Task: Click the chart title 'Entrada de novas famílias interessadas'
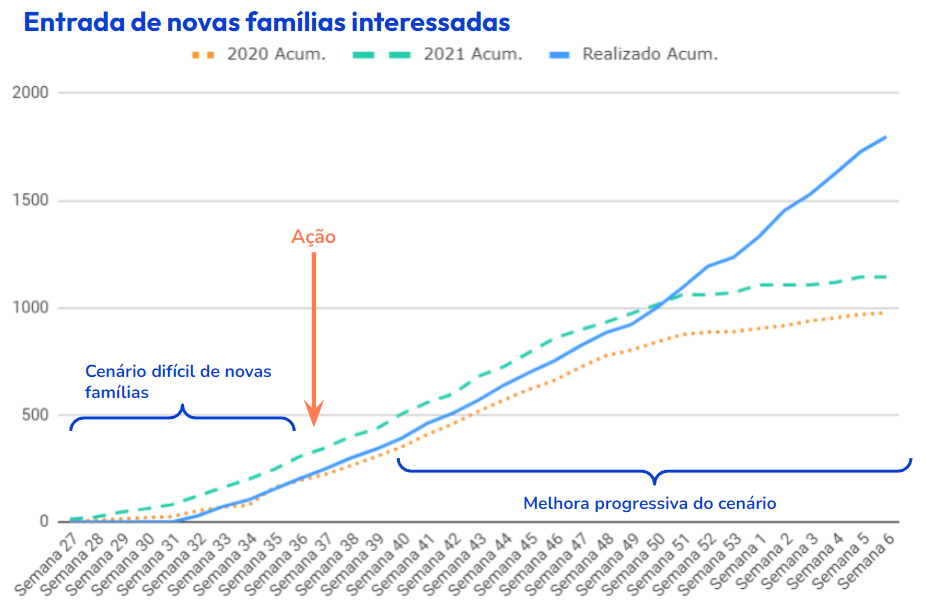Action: click(266, 22)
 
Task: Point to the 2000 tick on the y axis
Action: click(31, 93)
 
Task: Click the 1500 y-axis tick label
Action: click(31, 200)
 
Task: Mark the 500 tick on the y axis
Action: click(35, 415)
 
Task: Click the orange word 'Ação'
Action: click(313, 237)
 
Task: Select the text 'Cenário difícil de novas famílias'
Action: click(177, 381)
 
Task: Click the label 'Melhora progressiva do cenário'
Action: click(650, 503)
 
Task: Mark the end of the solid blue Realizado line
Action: click(886, 137)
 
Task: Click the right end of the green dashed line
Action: click(886, 277)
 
